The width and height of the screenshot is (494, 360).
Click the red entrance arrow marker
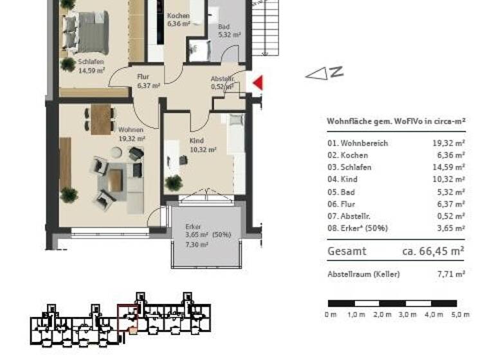point(258,83)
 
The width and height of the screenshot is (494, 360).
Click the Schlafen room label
point(91,62)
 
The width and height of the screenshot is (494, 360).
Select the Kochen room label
point(178,16)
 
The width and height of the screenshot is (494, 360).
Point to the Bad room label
point(224,27)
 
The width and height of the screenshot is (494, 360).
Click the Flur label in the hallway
point(143,76)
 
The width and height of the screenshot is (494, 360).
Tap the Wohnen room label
point(131,130)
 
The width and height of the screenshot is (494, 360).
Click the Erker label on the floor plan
point(193,227)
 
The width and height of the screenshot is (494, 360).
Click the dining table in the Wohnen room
point(101,119)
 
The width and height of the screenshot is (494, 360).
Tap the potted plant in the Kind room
point(173,183)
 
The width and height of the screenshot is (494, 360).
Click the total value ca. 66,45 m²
point(434,251)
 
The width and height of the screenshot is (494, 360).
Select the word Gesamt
point(347,251)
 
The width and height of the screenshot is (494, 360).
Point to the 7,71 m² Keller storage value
point(451,274)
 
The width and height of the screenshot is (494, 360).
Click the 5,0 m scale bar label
point(461,314)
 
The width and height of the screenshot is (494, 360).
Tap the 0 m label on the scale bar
point(331,314)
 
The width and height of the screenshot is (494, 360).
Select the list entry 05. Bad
point(342,192)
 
